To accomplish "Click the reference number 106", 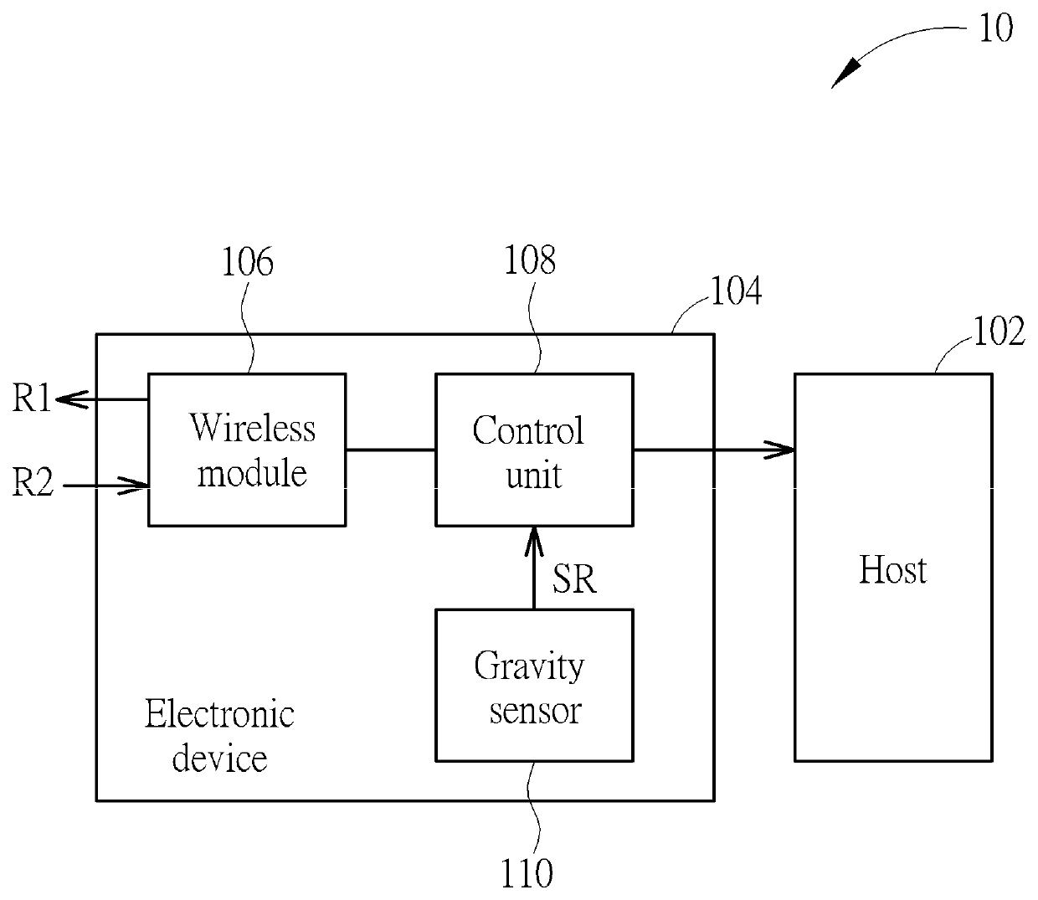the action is [248, 262].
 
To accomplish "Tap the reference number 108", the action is [530, 260].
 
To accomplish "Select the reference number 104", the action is [737, 291].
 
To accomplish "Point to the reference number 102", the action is [999, 332].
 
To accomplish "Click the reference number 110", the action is [527, 874].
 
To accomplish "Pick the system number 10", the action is [996, 28].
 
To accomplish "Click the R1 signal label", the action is [32, 399].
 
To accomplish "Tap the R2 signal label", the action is [33, 482].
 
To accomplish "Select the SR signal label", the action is [574, 579].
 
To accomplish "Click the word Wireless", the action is [253, 428].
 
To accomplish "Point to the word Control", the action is [528, 431].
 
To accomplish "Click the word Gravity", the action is [529, 667].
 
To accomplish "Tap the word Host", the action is [893, 570].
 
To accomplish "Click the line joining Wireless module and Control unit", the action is [391, 450].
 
